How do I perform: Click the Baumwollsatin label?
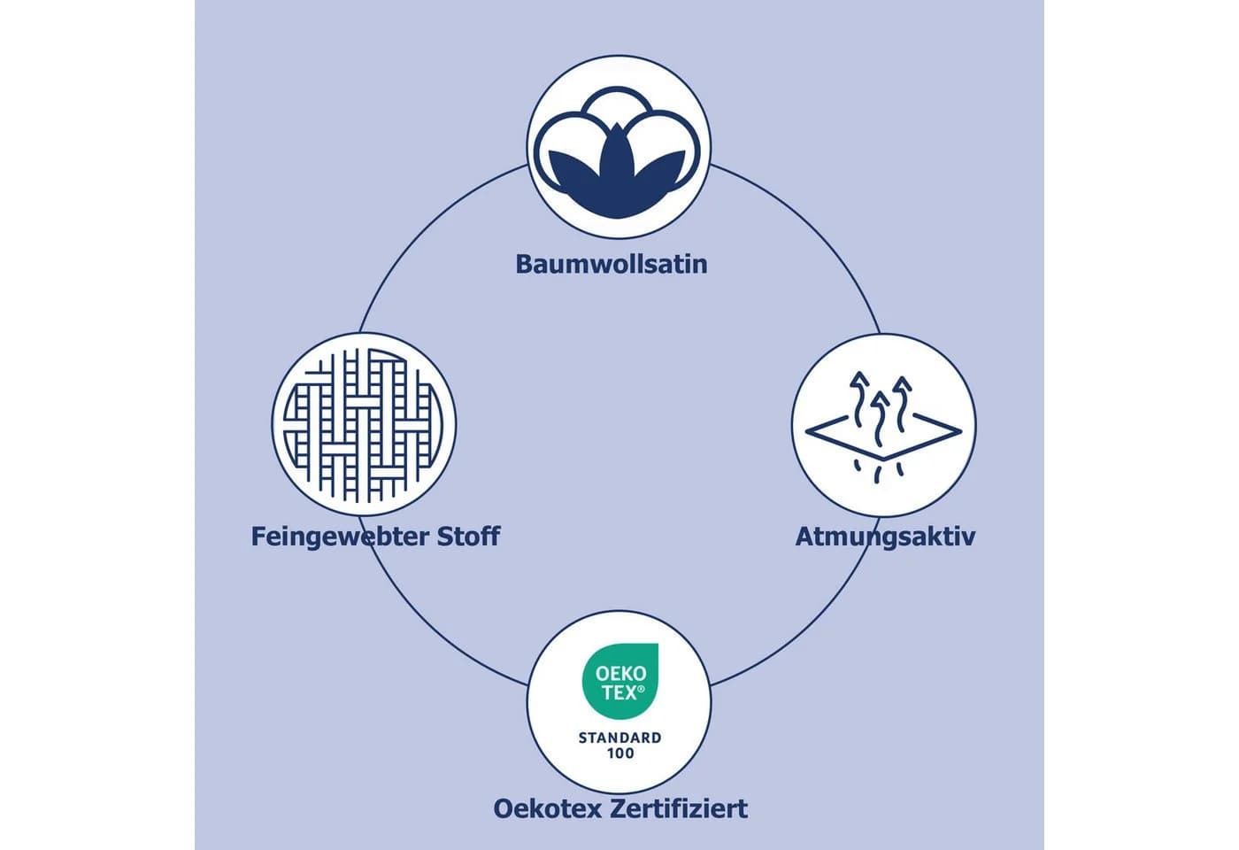pyautogui.click(x=612, y=264)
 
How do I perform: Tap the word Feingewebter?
pyautogui.click(x=338, y=537)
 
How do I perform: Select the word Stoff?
pyautogui.click(x=468, y=536)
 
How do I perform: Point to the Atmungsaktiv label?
pyautogui.click(x=885, y=537)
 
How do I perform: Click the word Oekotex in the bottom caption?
pyautogui.click(x=547, y=808)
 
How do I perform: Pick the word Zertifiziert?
pyautogui.click(x=679, y=808)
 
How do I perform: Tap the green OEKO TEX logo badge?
pyautogui.click(x=620, y=681)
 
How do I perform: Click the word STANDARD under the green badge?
pyautogui.click(x=619, y=738)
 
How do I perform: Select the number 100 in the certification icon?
pyautogui.click(x=620, y=753)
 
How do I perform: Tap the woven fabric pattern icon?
pyautogui.click(x=364, y=425)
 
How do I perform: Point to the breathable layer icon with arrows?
pyautogui.click(x=883, y=427)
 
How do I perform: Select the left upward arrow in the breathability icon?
pyautogui.click(x=859, y=399)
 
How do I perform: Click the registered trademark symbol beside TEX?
pyautogui.click(x=641, y=690)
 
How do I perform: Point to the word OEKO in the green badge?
pyautogui.click(x=620, y=674)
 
